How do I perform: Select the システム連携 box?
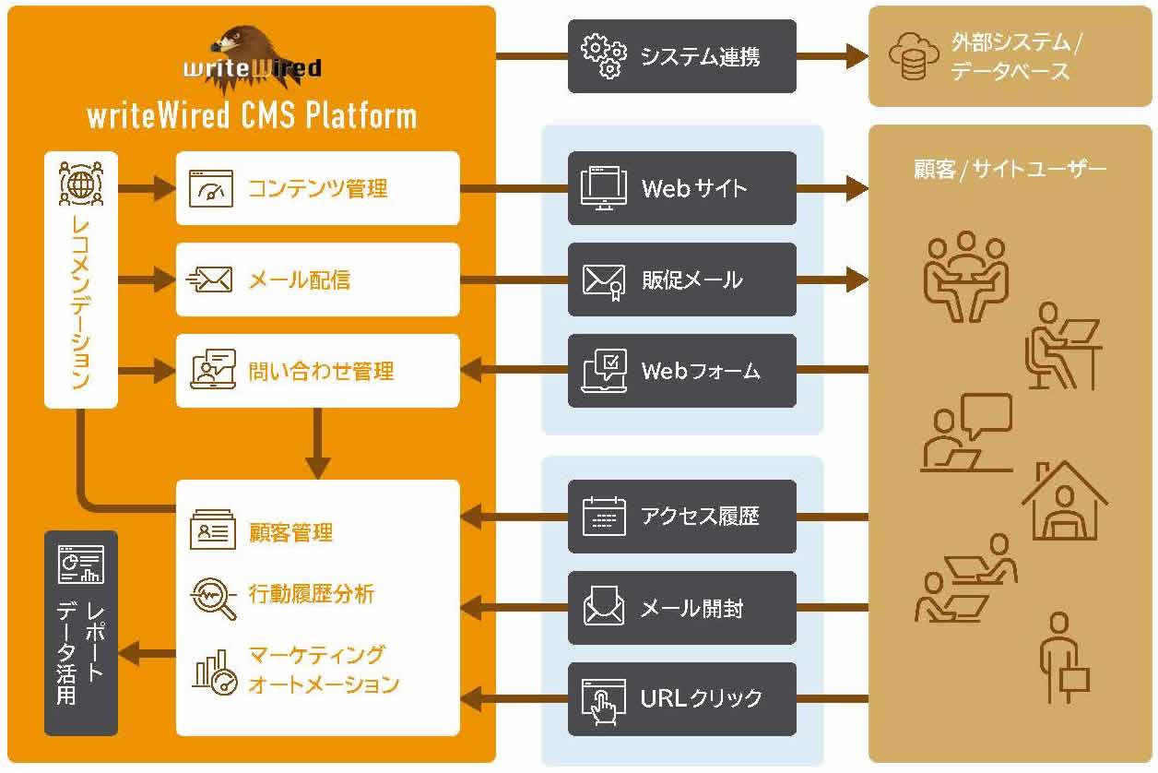pos(681,56)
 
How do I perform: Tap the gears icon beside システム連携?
pos(603,56)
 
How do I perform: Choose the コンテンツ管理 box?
pos(317,188)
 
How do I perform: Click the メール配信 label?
pos(300,279)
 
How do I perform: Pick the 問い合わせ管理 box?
pos(317,371)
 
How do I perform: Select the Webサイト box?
pos(681,188)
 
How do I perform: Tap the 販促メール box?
pos(681,279)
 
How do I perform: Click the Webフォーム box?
pos(681,371)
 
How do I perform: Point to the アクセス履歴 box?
pos(681,517)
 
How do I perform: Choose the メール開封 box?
pos(681,608)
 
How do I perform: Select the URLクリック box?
pos(681,698)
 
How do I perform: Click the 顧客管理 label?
pos(290,532)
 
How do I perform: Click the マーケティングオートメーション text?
pos(324,671)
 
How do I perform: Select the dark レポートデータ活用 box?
pos(81,633)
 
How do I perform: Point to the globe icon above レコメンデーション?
pos(81,183)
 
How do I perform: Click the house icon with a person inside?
pos(1065,503)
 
